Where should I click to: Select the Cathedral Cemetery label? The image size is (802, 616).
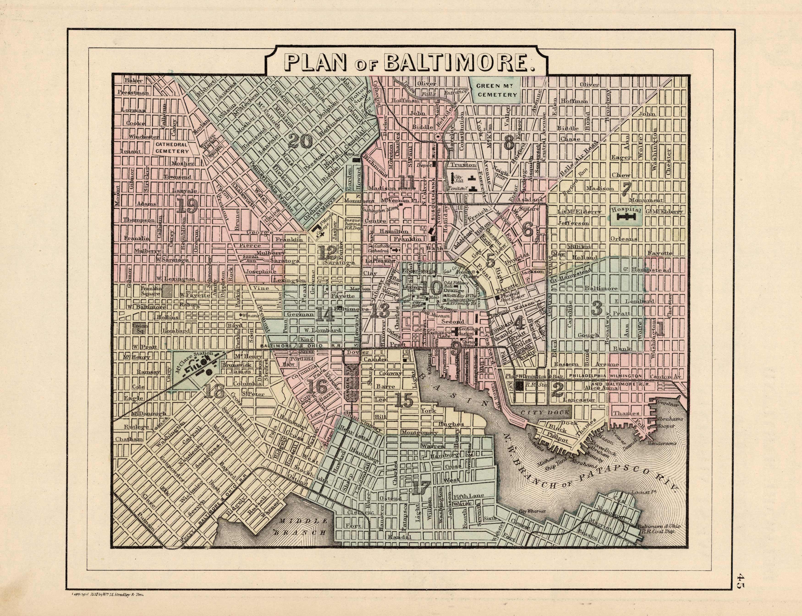172,147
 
